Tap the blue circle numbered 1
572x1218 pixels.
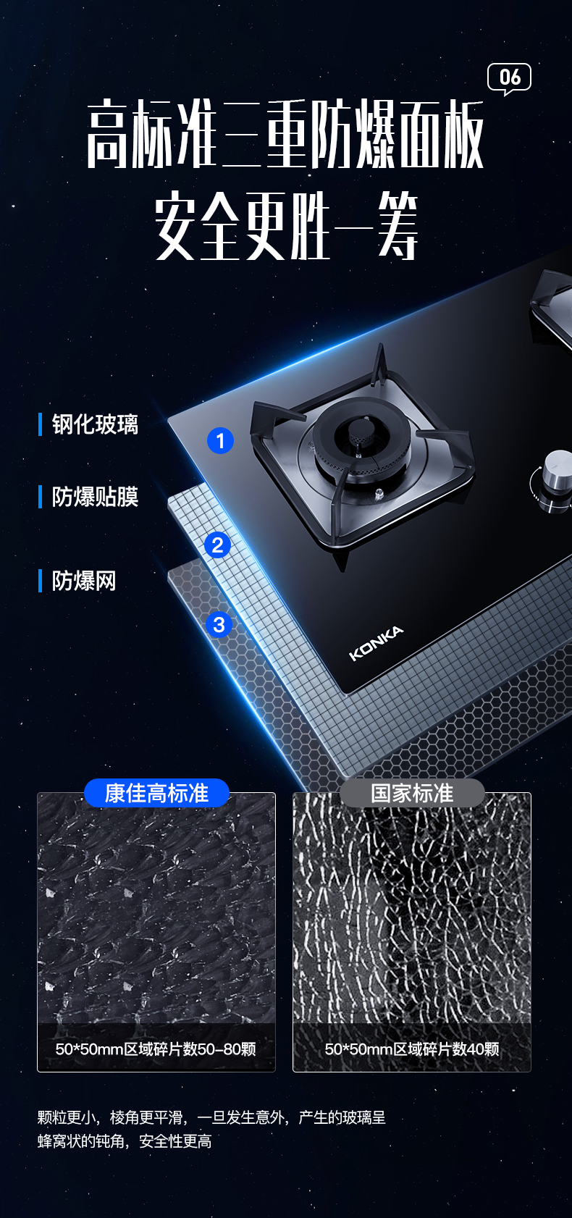[x=220, y=440]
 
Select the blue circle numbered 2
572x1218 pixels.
[x=217, y=545]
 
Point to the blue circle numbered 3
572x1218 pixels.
[x=219, y=625]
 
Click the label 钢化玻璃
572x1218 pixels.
[x=95, y=424]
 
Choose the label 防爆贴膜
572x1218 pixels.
[x=95, y=497]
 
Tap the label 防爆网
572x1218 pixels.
[x=84, y=581]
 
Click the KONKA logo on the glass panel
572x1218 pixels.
[x=377, y=643]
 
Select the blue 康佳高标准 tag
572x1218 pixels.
[x=156, y=794]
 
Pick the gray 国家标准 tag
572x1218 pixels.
[x=412, y=794]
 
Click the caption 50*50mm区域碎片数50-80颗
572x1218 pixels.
[x=156, y=1049]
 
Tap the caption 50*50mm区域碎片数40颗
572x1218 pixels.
[x=411, y=1049]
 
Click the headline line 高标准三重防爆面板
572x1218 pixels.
[x=285, y=134]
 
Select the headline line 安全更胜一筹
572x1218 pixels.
[x=286, y=226]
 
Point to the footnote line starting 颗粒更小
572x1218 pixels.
[x=211, y=1117]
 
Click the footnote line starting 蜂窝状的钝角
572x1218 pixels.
[x=125, y=1141]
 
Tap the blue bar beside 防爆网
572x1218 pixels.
[x=41, y=581]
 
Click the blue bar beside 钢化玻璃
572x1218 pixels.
[x=41, y=424]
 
